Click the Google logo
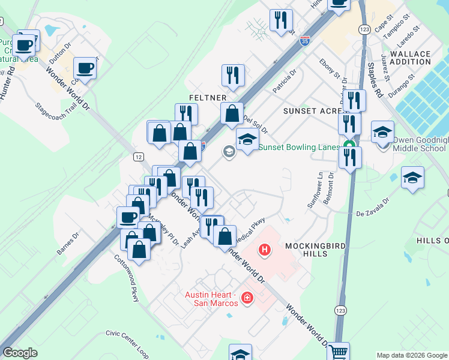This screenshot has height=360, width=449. pyautogui.click(x=20, y=353)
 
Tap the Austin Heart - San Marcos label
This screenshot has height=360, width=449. pyautogui.click(x=214, y=298)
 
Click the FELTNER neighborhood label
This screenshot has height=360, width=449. pyautogui.click(x=208, y=97)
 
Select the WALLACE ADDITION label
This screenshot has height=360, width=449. pyautogui.click(x=411, y=58)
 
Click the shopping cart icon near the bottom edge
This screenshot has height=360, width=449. pyautogui.click(x=339, y=352)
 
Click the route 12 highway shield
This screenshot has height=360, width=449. pyautogui.click(x=139, y=157)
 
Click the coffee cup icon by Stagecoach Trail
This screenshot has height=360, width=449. pyautogui.click(x=85, y=68)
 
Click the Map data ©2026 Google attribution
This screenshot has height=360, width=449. pyautogui.click(x=411, y=355)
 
